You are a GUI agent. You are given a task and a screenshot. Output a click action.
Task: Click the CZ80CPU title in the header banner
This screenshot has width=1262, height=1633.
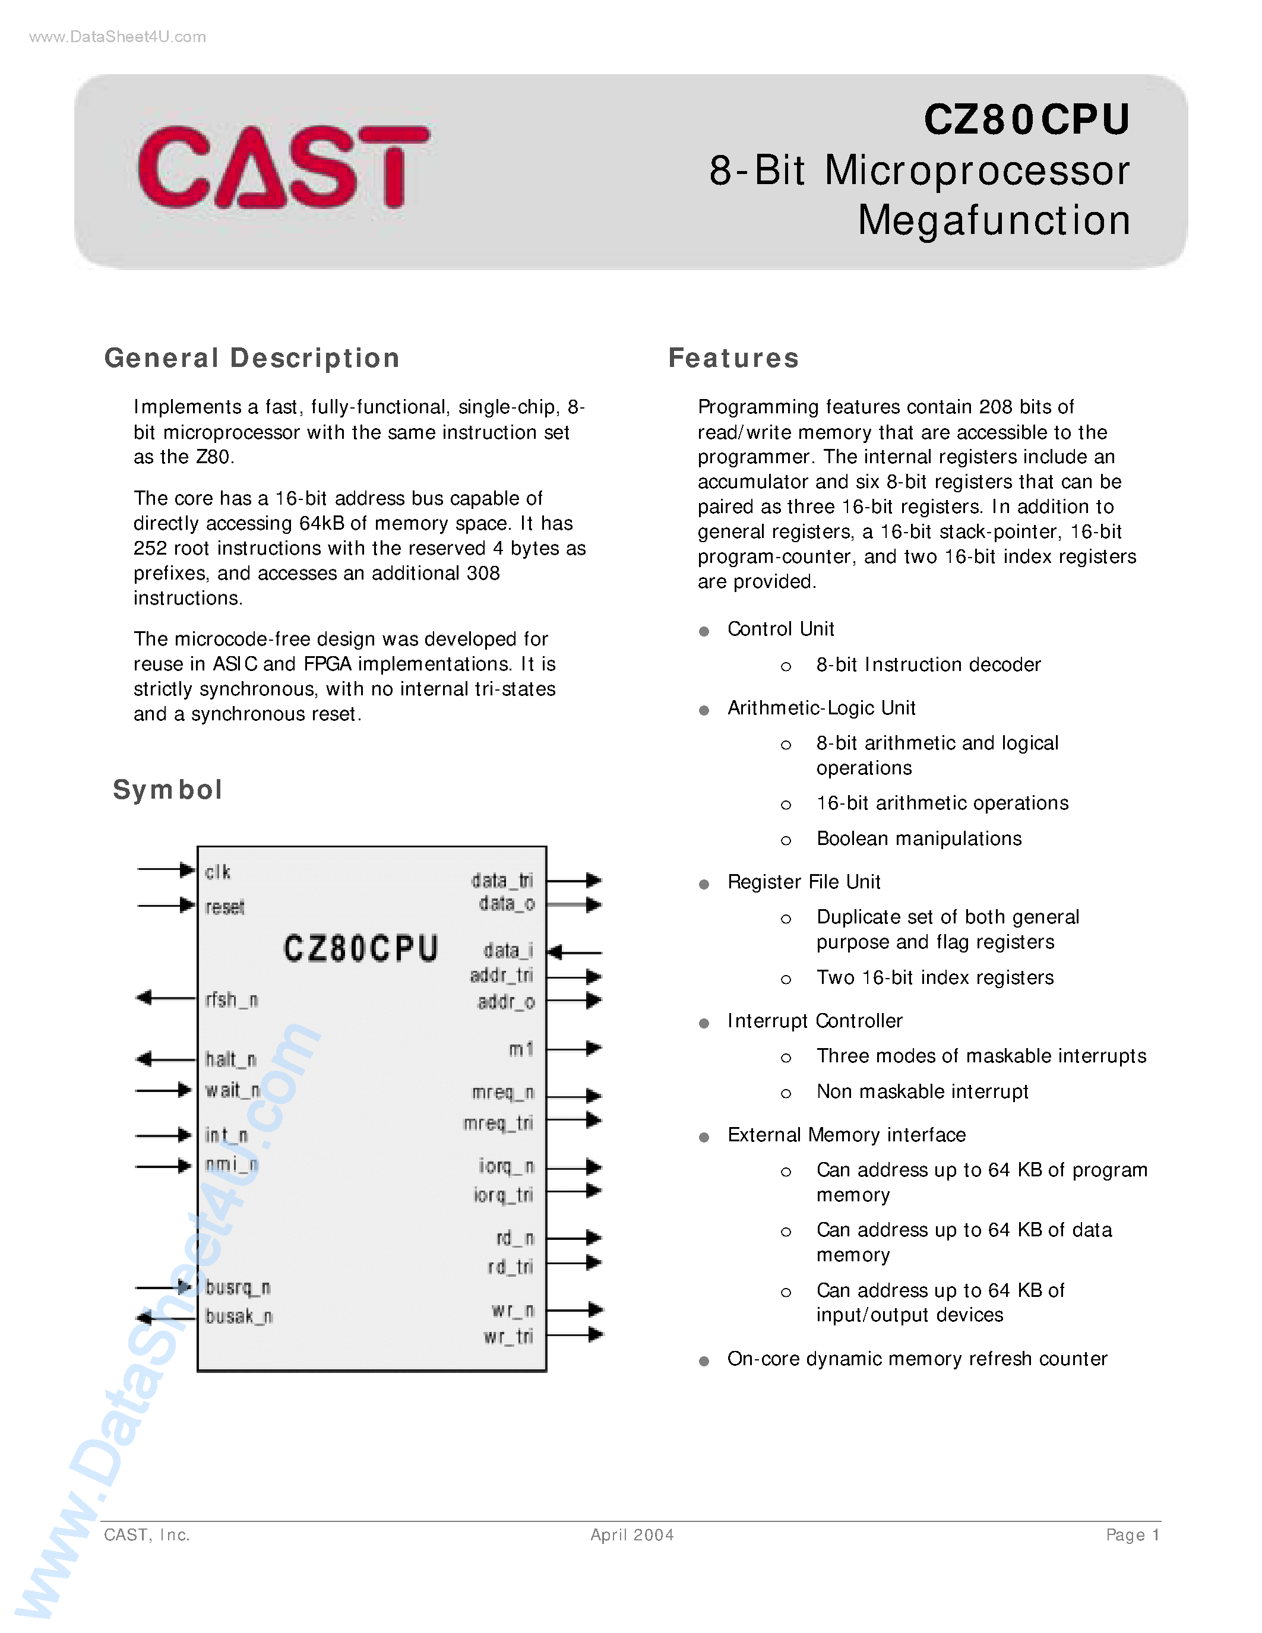(x=1026, y=119)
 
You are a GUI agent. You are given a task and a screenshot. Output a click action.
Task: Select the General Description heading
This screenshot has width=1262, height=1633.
(x=252, y=358)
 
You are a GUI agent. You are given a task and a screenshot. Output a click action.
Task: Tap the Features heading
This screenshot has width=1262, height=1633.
(x=733, y=358)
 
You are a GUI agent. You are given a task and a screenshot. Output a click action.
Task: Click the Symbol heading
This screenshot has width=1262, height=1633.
(x=167, y=790)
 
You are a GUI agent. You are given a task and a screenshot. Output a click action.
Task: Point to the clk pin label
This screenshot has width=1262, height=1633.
(x=217, y=872)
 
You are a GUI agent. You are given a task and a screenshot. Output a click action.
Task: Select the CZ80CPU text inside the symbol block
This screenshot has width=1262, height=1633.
(x=360, y=949)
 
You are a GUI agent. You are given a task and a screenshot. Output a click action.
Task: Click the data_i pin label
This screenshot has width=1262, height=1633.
(x=508, y=950)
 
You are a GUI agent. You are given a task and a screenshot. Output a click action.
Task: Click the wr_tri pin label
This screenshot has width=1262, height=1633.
(x=508, y=1336)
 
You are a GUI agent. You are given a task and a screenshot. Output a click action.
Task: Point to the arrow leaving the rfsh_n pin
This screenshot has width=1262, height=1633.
(x=165, y=998)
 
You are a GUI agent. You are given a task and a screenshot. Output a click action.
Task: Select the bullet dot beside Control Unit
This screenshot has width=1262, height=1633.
(x=704, y=631)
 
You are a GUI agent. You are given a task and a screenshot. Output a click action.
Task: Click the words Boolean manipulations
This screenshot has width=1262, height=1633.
(x=919, y=839)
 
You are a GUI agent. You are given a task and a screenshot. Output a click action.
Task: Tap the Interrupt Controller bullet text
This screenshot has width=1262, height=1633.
(x=815, y=1021)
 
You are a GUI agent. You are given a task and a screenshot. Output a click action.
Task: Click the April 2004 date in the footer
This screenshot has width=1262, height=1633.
(x=632, y=1535)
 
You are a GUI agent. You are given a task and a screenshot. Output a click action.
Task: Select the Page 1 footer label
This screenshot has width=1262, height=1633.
(x=1133, y=1535)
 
